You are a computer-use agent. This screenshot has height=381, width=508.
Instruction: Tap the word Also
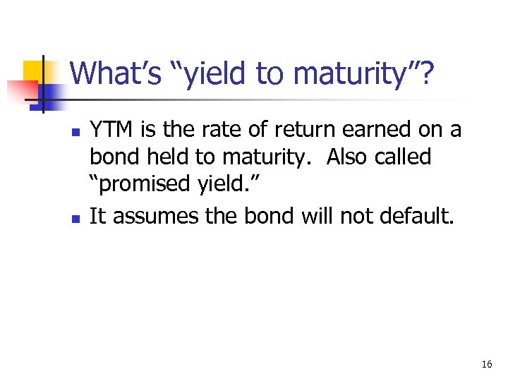pyautogui.click(x=344, y=157)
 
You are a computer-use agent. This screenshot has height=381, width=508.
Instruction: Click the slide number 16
pyautogui.click(x=486, y=365)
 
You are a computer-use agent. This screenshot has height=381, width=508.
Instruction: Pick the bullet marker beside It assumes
pyautogui.click(x=75, y=218)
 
